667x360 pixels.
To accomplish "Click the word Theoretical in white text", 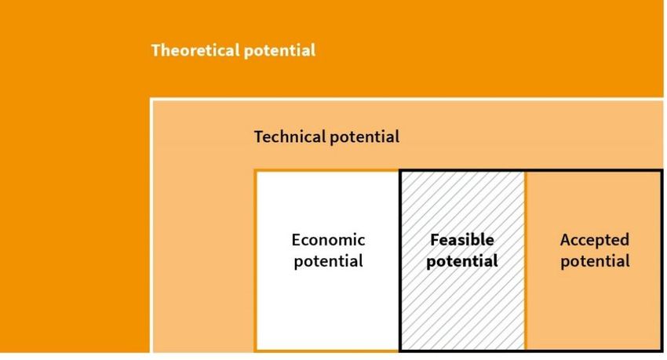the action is (x=195, y=50).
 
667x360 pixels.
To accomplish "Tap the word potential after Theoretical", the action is (x=279, y=51).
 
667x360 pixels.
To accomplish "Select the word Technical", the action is (x=290, y=136).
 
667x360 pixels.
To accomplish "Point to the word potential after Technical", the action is (x=365, y=137).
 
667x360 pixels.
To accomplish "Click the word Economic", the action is (x=328, y=240).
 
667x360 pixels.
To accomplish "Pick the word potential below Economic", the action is (x=328, y=261).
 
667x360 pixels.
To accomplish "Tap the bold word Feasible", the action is (x=462, y=240).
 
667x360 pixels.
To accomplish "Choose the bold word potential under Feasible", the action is (x=462, y=261).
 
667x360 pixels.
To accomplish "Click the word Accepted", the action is (x=595, y=240).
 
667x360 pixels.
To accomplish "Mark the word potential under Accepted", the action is (x=595, y=261).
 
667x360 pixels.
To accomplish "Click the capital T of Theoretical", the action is (x=156, y=50).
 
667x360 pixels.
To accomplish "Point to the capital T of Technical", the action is (x=259, y=136).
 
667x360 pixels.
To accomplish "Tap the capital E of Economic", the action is (x=297, y=240).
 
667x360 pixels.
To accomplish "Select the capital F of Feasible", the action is (x=435, y=240).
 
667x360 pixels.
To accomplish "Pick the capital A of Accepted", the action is (x=566, y=240).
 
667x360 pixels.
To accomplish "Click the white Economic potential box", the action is (x=327, y=297).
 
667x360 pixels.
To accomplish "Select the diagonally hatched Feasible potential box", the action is (x=463, y=297).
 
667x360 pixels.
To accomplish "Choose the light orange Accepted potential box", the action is (x=594, y=297).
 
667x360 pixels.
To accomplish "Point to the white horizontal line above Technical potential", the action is (x=406, y=100).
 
